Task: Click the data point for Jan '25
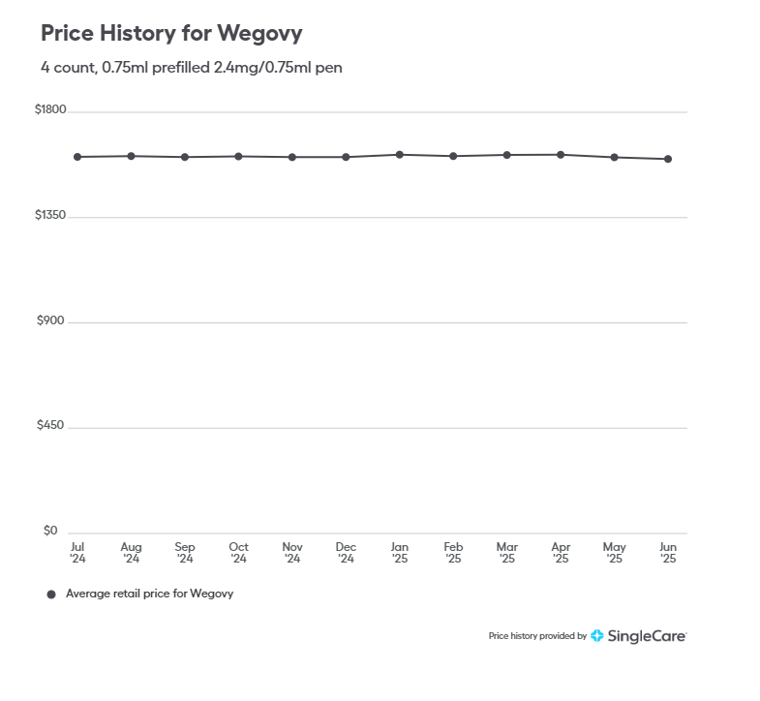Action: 399,154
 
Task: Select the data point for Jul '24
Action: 77,157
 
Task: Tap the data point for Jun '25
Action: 668,159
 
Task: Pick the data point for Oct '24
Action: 238,156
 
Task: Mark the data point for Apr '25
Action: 561,154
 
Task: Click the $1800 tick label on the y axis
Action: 50,109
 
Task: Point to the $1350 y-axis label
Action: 50,215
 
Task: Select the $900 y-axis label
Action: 50,320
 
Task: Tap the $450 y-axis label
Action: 50,426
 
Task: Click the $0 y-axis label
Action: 50,531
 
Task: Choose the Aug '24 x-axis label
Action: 131,553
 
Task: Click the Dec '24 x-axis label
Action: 346,553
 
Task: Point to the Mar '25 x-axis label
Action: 506,553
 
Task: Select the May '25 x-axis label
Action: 614,553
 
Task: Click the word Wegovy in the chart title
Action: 259,33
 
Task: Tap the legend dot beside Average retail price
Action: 51,594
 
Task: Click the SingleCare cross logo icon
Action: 597,636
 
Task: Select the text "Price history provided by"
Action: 537,636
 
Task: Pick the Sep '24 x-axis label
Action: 185,553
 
